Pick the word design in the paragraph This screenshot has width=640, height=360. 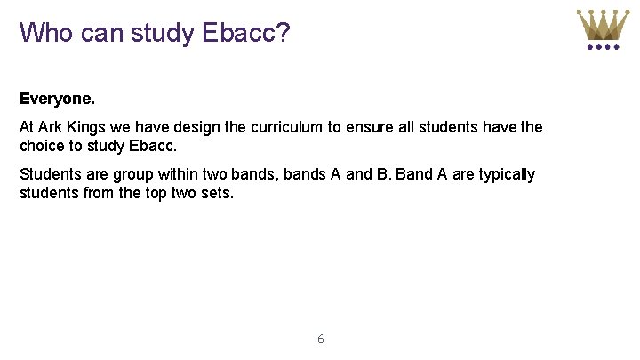198,127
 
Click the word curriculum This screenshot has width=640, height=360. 286,127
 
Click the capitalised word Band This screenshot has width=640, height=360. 413,174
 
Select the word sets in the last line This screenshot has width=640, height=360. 219,191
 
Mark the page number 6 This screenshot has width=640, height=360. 320,339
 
